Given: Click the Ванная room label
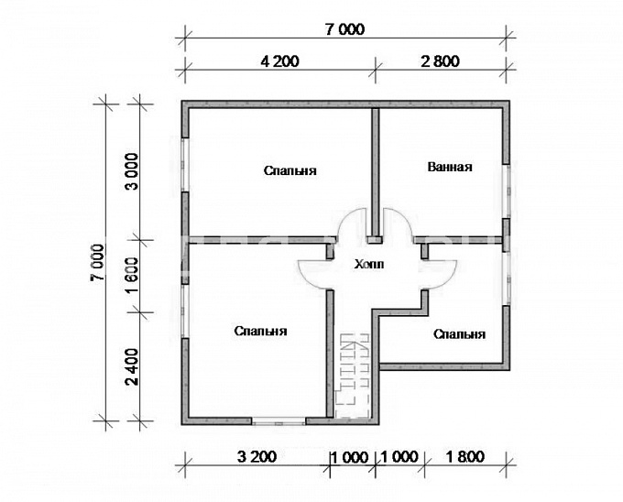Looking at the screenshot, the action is coord(450,167).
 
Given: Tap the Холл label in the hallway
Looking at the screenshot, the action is coord(369,264).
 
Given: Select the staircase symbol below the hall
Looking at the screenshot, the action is coord(353,376).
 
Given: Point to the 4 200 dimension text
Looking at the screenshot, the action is coord(279,61).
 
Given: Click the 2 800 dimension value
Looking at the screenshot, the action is coord(441,61).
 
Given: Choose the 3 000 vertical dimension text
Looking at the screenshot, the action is coord(133,171).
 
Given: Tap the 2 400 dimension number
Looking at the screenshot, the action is coord(133,366).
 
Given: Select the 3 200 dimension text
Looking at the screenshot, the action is coord(257,457).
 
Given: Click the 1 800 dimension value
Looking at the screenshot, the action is coord(465,457).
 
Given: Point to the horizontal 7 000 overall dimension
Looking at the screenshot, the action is coord(344,30).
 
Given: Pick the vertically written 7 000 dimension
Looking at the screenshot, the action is coord(98,263).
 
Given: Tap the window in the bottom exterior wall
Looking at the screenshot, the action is coord(279,421).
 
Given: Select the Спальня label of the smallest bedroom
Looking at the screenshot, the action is coord(459,334).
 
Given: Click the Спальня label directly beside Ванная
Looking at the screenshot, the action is coord(290,170).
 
